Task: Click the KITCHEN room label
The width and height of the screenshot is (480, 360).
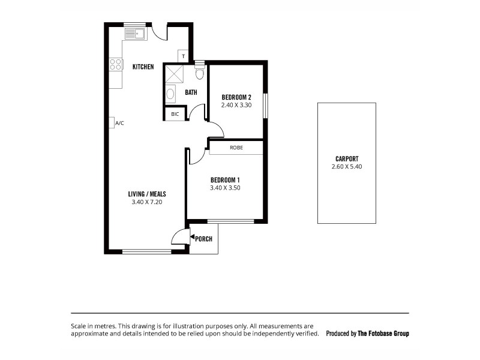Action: pos(143,67)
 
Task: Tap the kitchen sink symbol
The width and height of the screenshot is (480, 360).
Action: pos(135,34)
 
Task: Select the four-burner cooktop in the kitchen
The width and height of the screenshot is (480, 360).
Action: pos(115,64)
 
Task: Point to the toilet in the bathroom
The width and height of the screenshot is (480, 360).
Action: pos(200,73)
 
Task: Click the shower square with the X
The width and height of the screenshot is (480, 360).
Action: pos(174,74)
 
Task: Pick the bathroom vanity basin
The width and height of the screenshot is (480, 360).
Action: pos(170,94)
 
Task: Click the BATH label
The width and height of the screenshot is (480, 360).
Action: pos(191,92)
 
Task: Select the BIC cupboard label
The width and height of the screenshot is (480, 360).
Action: pos(175,114)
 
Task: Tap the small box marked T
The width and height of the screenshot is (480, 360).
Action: pos(183,56)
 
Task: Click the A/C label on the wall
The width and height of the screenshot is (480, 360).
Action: pos(119,123)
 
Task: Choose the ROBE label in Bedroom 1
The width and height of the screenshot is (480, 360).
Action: pos(236,147)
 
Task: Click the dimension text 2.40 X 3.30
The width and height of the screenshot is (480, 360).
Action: pos(235,105)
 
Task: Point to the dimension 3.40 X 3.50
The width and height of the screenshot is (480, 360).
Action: pos(225,187)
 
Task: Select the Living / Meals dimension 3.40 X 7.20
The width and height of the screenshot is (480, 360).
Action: pos(147,202)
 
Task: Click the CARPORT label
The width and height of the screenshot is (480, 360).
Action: pos(347,159)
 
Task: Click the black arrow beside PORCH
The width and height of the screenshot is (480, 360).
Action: pos(192,238)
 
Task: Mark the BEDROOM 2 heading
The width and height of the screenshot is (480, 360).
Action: pos(236,97)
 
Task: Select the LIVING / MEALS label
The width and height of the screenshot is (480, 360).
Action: pos(147,194)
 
